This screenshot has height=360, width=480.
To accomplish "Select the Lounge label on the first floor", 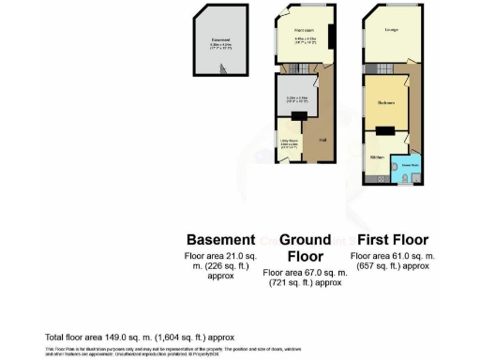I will click(389, 30).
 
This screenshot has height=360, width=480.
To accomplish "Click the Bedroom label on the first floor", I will click(385, 102).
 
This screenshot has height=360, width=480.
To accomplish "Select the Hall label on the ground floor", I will click(322, 141).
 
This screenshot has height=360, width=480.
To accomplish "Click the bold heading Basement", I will click(220, 239).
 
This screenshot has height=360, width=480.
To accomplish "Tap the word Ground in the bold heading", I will click(305, 239).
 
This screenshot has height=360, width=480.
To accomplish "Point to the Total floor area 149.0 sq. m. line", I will click(139, 337).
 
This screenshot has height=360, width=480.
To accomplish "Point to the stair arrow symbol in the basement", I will click(222, 68).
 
